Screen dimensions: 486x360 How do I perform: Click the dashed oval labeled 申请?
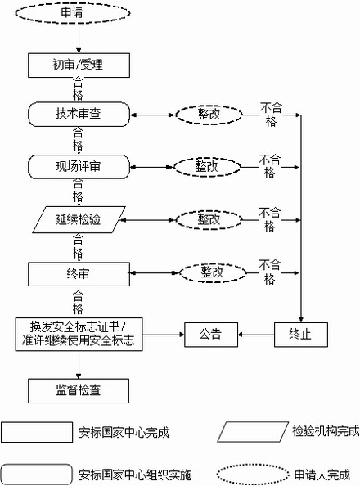[78, 13]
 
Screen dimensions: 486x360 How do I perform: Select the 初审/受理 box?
[78, 63]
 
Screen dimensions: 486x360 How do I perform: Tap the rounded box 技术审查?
[78, 114]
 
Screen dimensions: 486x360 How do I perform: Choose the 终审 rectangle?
[78, 272]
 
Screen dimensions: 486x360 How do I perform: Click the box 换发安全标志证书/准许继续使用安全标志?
[78, 335]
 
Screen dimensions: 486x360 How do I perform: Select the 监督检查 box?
[78, 389]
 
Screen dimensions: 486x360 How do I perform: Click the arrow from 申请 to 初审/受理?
[78, 38]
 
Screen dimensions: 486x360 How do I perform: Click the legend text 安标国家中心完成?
[124, 432]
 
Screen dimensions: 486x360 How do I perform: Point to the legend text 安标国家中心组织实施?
[135, 474]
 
